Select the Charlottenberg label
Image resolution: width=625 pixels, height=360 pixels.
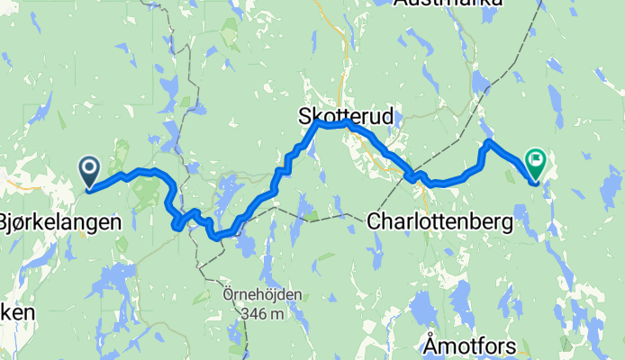click(x=439, y=220)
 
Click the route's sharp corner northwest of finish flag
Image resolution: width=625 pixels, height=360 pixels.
click(x=488, y=142)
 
